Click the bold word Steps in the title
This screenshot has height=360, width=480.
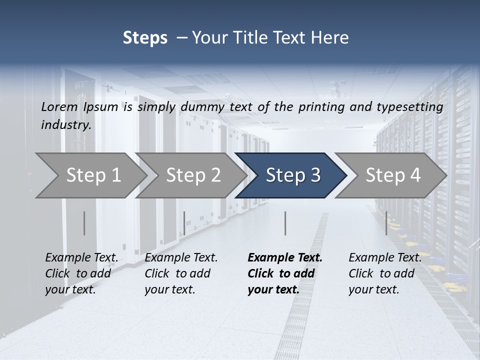145,38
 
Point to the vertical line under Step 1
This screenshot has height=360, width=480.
84,223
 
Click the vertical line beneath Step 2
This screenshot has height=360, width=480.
184,223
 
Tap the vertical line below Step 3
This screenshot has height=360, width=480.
285,223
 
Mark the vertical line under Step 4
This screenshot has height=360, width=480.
386,223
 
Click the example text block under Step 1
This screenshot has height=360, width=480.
81,273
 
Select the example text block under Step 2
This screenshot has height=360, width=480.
181,273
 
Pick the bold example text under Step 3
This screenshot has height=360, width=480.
284,273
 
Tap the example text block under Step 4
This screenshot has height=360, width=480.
385,273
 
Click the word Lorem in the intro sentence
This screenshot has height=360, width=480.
59,107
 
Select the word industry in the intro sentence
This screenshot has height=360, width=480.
65,124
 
